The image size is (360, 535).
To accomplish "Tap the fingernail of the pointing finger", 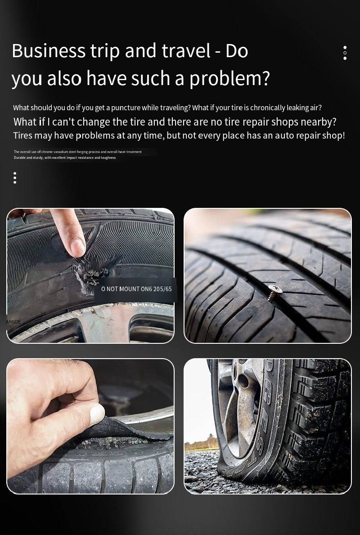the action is click(77, 247).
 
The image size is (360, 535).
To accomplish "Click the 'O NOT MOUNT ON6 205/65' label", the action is click(136, 289).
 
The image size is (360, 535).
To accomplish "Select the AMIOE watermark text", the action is click(13, 322).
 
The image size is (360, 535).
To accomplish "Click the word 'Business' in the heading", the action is click(49, 51).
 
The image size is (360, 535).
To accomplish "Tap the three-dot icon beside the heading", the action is click(345, 53).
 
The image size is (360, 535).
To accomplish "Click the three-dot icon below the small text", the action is click(15, 178).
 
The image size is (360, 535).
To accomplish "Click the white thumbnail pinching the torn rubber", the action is click(97, 414).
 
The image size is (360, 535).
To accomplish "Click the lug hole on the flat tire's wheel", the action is click(243, 381).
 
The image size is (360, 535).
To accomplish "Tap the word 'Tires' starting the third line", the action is click(23, 135).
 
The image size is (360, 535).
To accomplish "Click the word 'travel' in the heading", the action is click(186, 51).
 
